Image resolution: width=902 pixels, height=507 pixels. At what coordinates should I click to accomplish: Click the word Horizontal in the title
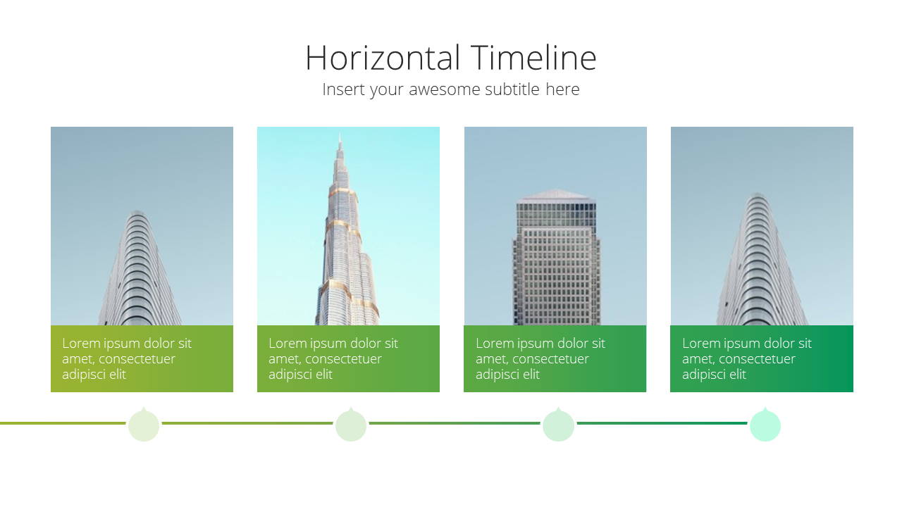point(383,58)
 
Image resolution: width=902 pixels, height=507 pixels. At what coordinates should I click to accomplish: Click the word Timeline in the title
point(533,58)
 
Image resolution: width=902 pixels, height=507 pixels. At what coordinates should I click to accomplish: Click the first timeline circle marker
point(144,425)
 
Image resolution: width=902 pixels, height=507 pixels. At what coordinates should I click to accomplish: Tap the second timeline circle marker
point(351,425)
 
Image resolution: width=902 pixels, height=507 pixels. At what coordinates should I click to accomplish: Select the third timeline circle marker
point(558,425)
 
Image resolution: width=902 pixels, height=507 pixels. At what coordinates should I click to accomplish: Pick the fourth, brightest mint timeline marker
point(765,425)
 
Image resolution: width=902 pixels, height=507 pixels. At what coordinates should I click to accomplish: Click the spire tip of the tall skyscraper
point(340,135)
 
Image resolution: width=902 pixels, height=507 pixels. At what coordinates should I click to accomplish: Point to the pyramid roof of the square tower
point(556,195)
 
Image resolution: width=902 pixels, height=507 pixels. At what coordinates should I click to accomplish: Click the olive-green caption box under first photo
point(142,358)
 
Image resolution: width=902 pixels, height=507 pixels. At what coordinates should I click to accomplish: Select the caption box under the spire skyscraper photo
point(348,358)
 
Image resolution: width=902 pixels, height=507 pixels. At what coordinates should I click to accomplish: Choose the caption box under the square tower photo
point(555,358)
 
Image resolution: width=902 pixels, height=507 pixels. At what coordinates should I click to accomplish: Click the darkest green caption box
point(762,358)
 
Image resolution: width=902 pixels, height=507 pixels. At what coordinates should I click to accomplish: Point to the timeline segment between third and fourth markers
point(662,423)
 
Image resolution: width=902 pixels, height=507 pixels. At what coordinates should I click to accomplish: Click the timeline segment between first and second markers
point(247,423)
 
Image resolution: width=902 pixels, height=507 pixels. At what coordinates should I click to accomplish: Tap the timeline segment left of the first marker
point(63,423)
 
